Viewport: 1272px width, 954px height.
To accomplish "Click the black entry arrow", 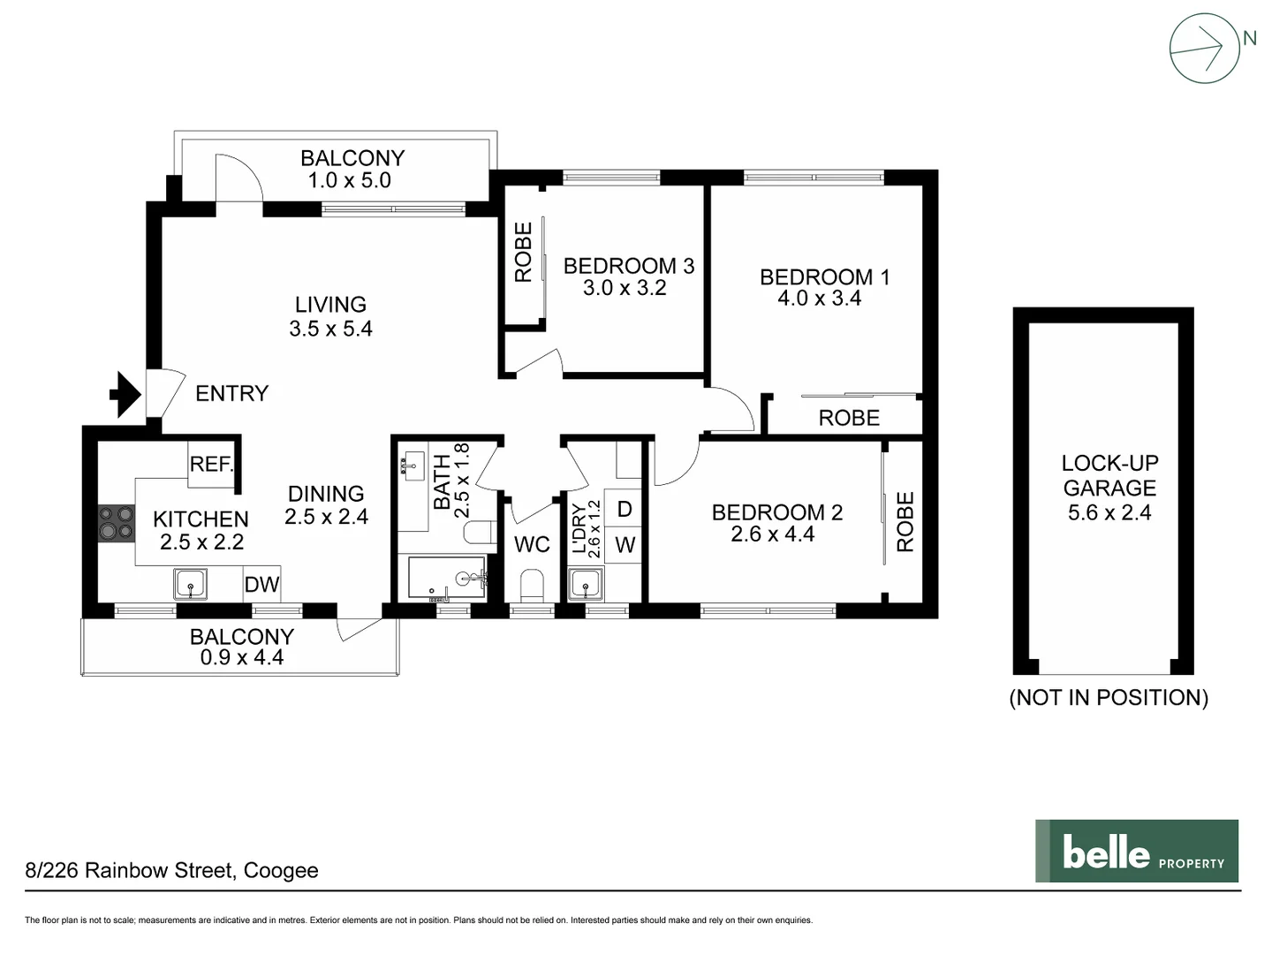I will (125, 394).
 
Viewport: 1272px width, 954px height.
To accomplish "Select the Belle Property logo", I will (1136, 851).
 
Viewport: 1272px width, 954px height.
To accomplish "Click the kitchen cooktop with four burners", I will (115, 522).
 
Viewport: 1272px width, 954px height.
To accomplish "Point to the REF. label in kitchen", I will (211, 465).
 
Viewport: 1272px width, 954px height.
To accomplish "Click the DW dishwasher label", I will (261, 584).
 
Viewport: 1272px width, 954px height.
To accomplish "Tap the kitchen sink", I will (190, 584).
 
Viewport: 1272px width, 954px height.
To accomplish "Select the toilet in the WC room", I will (532, 585).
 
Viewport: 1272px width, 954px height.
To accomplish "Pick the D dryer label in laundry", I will (625, 510).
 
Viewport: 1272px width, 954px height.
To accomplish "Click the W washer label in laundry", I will (625, 545).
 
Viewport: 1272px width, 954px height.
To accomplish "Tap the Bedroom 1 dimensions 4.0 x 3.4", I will (819, 299).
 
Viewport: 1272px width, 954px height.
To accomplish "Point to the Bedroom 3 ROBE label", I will (523, 253).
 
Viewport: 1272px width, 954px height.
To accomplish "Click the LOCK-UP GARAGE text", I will (1109, 475).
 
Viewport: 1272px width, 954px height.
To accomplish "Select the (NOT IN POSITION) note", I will (1109, 698).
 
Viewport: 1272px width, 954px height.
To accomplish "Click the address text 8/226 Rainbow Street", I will (171, 871).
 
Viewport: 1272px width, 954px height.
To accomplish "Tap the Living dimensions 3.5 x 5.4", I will (330, 329).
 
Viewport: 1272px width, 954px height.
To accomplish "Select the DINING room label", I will (326, 494).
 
